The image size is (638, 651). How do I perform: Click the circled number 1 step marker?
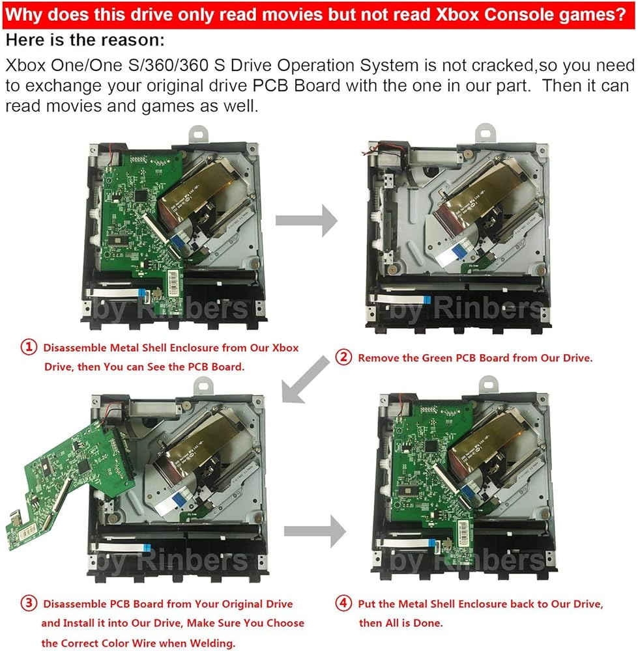pyautogui.click(x=29, y=348)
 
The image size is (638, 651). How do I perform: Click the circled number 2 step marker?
pyautogui.click(x=344, y=357)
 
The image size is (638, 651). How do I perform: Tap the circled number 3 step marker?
pyautogui.click(x=29, y=603)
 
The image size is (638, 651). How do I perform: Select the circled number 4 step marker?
pyautogui.click(x=344, y=603)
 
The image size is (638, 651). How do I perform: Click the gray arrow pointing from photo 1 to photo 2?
pyautogui.click(x=306, y=222)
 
